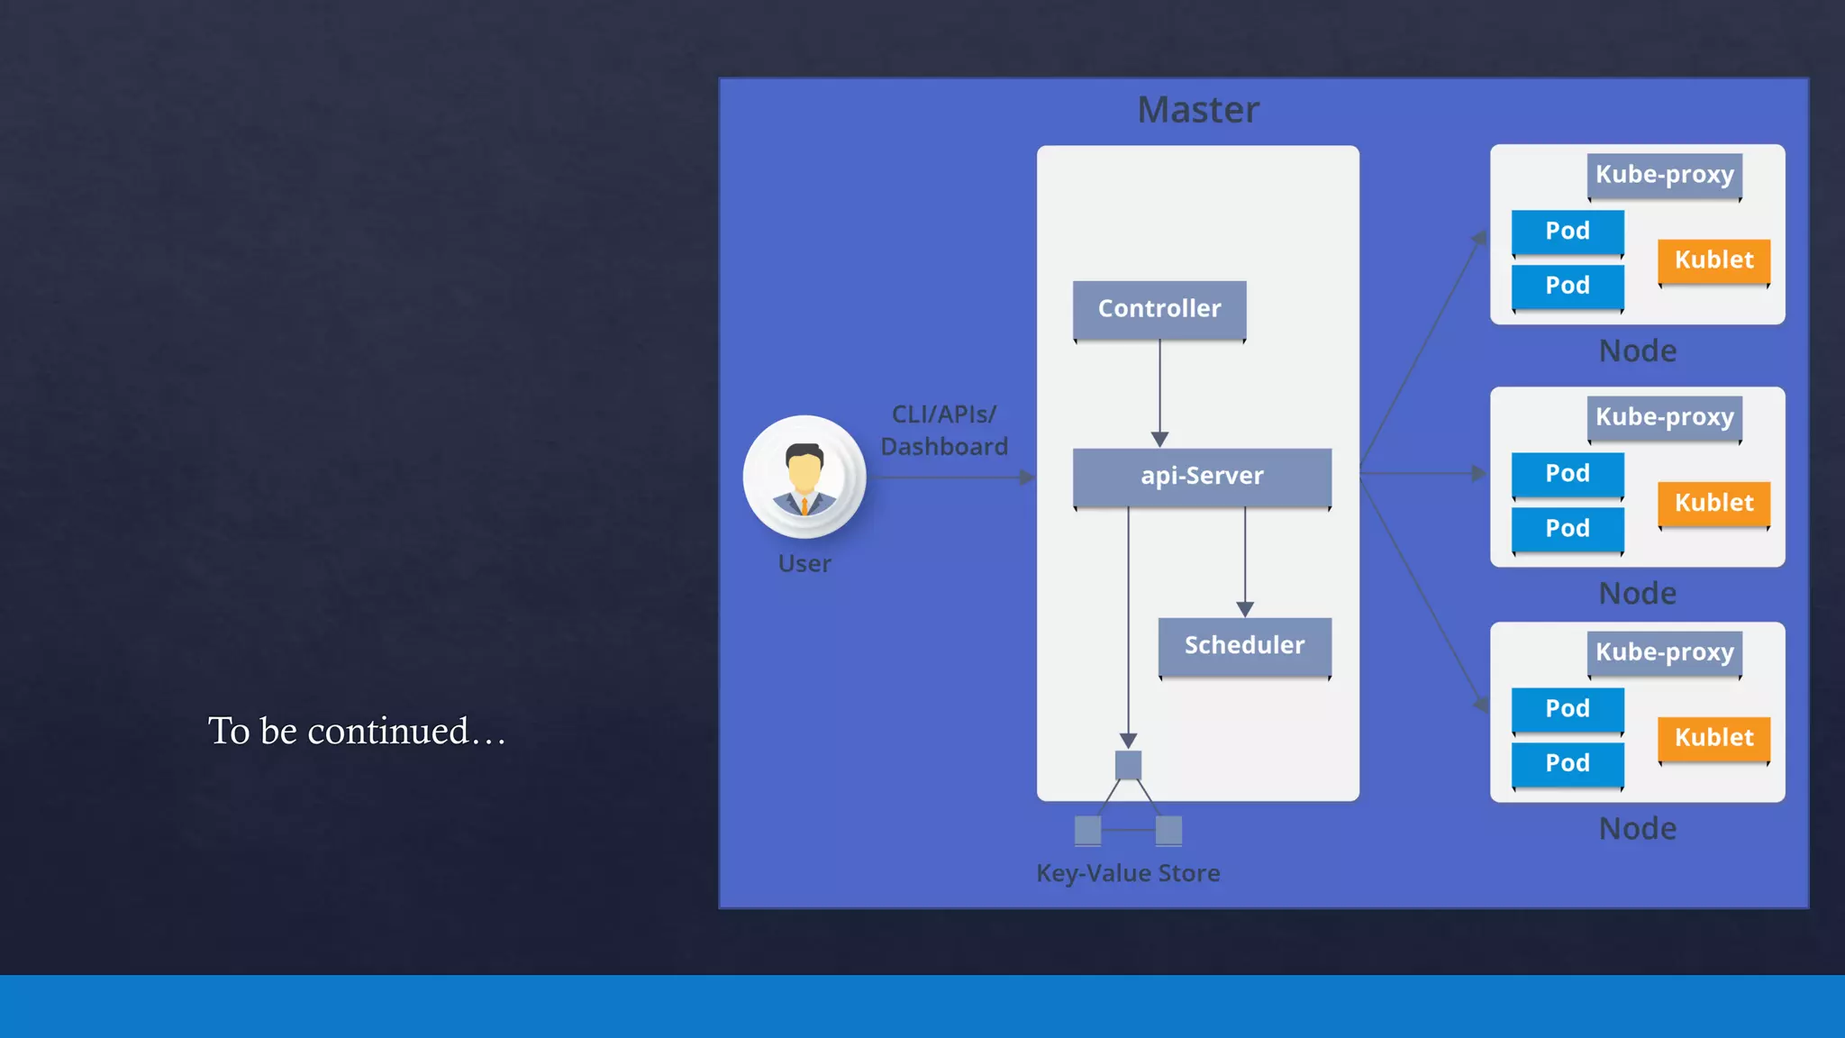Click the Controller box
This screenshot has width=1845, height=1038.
click(1159, 309)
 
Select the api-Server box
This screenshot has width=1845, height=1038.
click(1202, 476)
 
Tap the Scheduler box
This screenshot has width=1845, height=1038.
click(1244, 645)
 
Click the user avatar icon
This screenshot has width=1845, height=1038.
click(804, 477)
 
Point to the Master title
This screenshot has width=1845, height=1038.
click(1198, 110)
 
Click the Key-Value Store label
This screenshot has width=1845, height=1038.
click(1128, 873)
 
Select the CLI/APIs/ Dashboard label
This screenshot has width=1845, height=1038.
click(944, 431)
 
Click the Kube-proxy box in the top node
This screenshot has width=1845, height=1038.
click(1664, 174)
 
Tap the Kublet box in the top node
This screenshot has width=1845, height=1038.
click(1713, 260)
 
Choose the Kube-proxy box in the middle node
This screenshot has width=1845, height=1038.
click(1664, 416)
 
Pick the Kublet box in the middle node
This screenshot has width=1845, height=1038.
click(1713, 503)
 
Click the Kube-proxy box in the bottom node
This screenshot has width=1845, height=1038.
click(1664, 651)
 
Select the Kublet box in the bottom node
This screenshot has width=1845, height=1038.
click(1713, 738)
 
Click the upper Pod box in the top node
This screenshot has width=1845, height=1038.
click(1568, 232)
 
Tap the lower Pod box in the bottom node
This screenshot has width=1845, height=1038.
click(1568, 763)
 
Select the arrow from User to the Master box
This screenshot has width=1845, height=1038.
click(955, 478)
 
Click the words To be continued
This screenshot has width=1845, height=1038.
click(357, 731)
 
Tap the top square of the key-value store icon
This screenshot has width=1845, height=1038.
click(1128, 765)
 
